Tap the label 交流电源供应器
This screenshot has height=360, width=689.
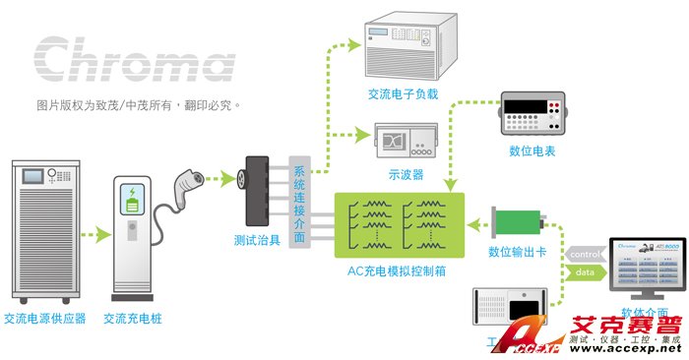tap(45, 319)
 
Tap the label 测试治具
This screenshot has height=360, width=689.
tap(259, 240)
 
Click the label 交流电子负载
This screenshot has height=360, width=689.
tap(403, 94)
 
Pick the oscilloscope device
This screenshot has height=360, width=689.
tap(407, 143)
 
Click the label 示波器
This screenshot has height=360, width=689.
tap(406, 174)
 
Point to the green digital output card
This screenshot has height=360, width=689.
tap(519, 221)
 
